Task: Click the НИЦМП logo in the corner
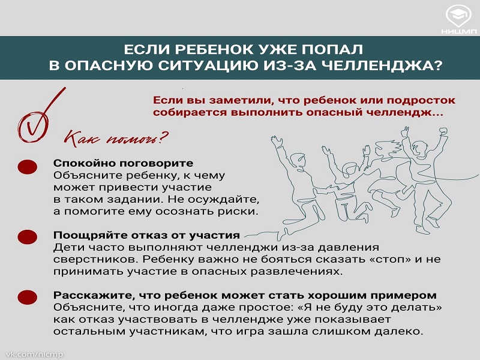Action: coord(458,19)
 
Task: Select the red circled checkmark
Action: coord(38,119)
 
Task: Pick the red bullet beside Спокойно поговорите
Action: coord(28,167)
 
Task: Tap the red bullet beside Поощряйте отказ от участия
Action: coord(28,237)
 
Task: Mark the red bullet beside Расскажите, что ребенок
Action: coord(28,297)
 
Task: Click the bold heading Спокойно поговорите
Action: coord(123,163)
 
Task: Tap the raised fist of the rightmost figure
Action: coord(443,130)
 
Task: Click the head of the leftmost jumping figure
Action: coord(298,160)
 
